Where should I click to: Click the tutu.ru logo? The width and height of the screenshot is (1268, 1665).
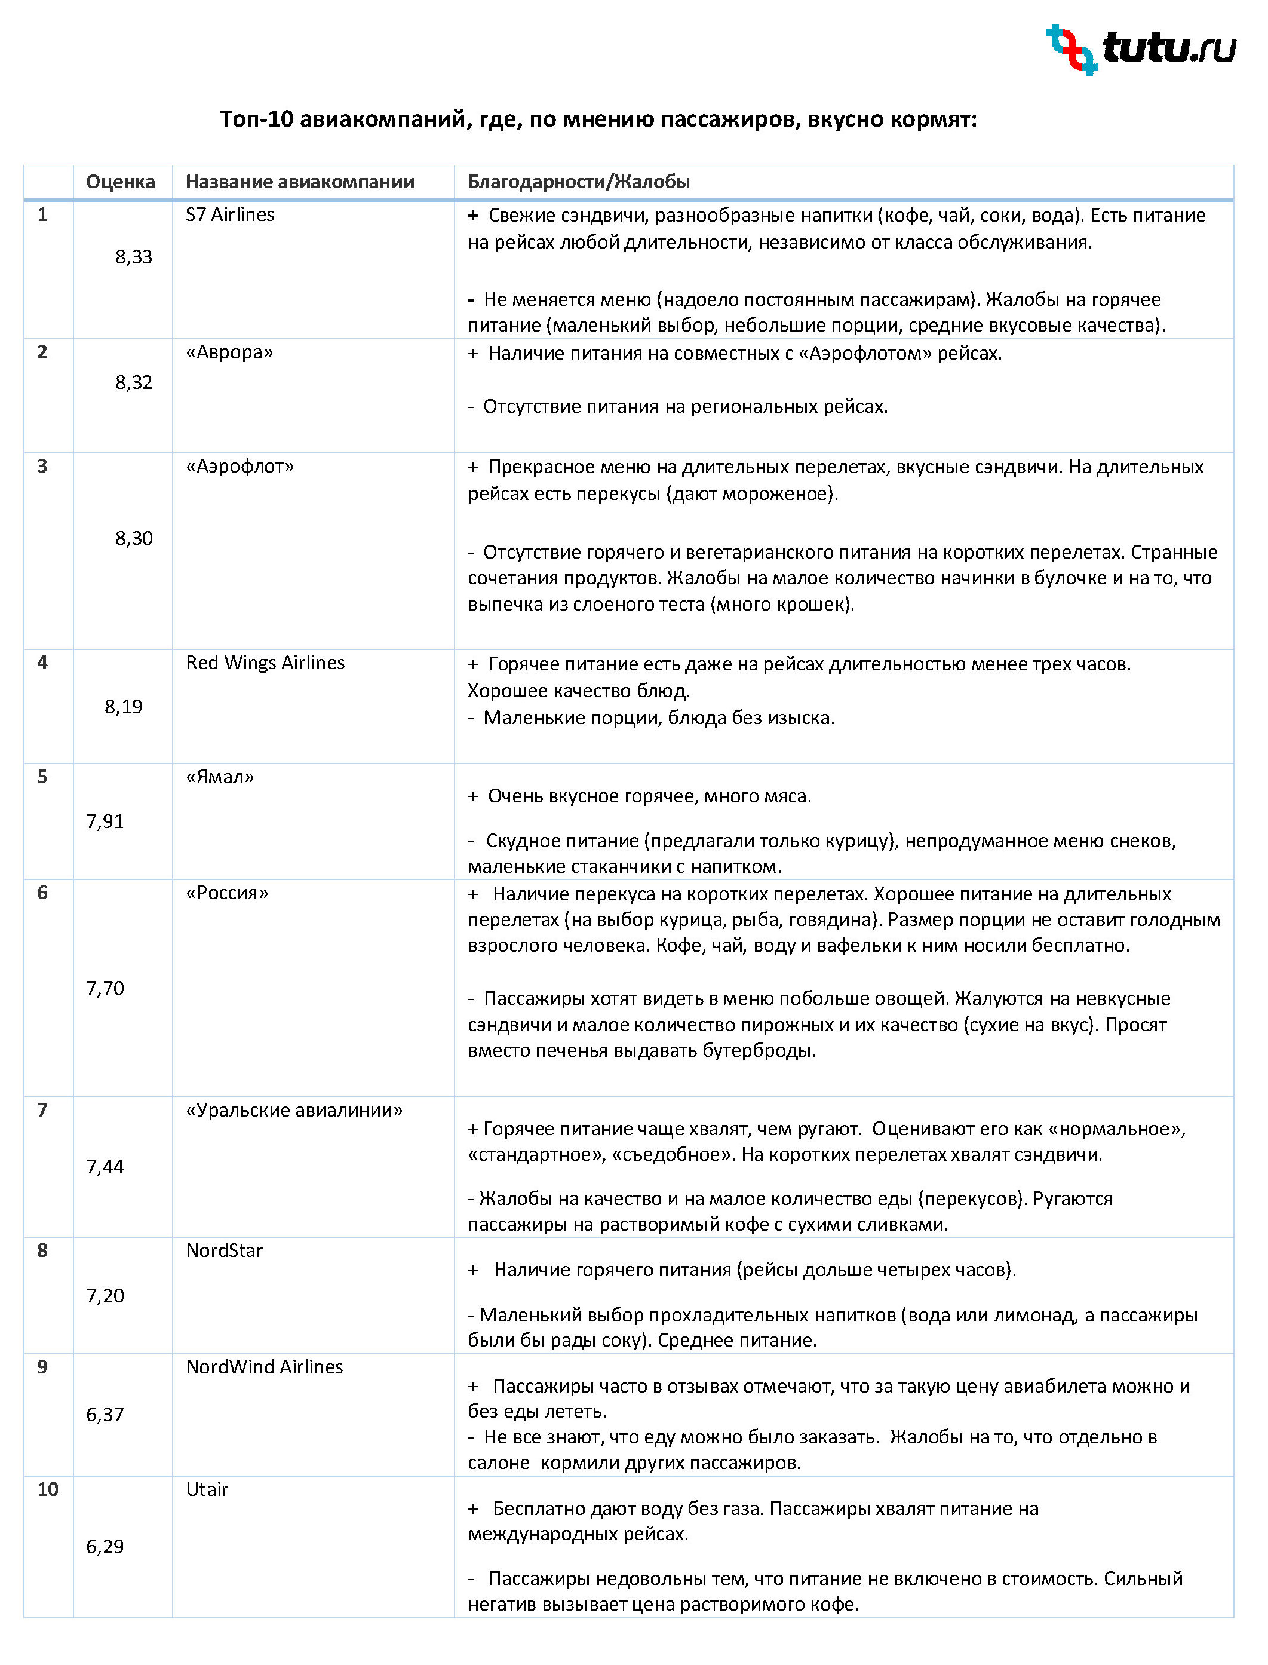(1140, 48)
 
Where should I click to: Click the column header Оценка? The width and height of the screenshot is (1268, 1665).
(120, 182)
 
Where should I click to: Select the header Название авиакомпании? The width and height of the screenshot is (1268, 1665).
(300, 182)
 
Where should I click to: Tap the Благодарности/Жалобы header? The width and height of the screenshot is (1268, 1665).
(578, 182)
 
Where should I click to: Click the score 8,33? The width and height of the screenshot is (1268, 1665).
(134, 257)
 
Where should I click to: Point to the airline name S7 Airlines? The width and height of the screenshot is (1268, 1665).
(229, 215)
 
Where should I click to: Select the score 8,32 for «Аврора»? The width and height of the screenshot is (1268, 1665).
(134, 383)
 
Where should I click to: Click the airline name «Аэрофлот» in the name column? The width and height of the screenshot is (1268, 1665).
(240, 467)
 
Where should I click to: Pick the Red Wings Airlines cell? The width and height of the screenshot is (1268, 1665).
(265, 663)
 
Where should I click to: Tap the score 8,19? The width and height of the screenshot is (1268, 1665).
(123, 707)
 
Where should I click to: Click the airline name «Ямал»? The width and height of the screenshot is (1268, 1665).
(220, 777)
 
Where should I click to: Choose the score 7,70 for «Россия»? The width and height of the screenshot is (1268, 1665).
(105, 988)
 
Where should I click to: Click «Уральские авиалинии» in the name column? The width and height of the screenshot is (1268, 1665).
(294, 1110)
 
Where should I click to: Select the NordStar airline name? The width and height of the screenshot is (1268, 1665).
(224, 1250)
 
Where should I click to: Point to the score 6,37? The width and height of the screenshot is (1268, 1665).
(105, 1415)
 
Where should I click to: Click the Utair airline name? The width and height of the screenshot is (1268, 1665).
(207, 1489)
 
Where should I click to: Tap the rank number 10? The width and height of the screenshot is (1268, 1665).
(48, 1489)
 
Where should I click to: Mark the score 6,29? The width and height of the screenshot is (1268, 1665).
(105, 1547)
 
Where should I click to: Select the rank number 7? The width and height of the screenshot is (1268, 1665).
(42, 1110)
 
